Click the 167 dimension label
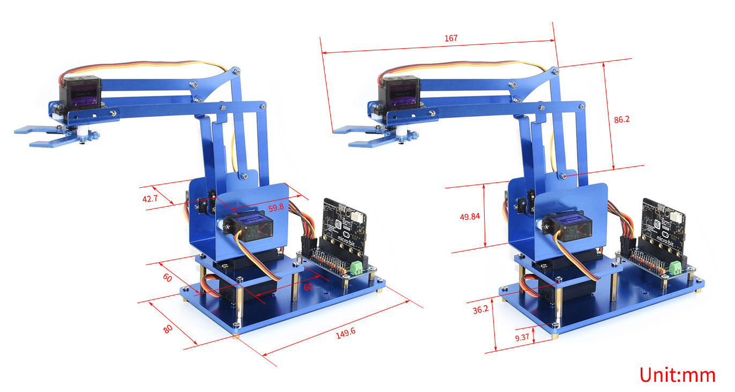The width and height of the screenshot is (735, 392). (x=451, y=39)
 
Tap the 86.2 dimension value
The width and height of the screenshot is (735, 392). (x=622, y=120)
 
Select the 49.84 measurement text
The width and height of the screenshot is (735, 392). (x=470, y=217)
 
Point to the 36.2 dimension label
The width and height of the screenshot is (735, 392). (x=481, y=309)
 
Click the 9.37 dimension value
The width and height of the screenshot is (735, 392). (x=522, y=337)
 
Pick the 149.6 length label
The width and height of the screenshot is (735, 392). (x=345, y=333)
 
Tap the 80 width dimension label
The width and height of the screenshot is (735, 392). (x=168, y=329)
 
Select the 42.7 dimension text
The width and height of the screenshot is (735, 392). (x=150, y=198)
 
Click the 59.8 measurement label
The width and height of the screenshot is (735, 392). (x=276, y=208)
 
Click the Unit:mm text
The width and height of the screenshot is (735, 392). (x=678, y=375)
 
